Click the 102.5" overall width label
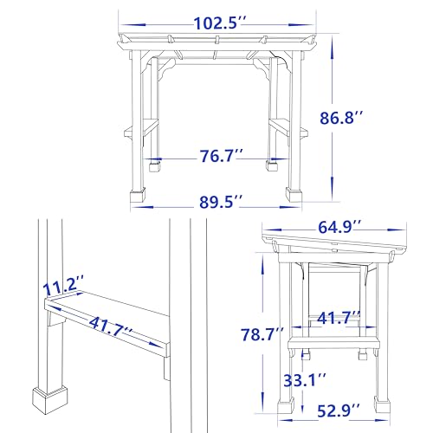click(x=220, y=23)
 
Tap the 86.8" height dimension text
click(x=340, y=118)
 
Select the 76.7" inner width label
click(x=222, y=156)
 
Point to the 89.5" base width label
click(x=221, y=202)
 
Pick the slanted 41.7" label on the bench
click(x=111, y=327)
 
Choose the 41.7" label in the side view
click(x=339, y=318)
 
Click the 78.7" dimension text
click(x=262, y=334)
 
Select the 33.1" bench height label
click(x=305, y=380)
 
